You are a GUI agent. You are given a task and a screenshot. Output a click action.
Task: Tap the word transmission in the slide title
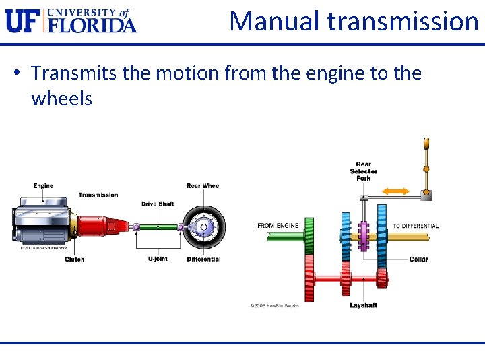click(x=403, y=21)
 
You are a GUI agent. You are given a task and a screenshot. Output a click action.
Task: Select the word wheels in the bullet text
click(x=61, y=98)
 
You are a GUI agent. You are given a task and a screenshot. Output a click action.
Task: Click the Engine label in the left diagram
click(x=43, y=185)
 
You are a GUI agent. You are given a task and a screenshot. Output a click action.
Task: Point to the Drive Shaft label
click(x=158, y=204)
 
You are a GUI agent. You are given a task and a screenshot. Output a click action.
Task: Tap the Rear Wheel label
click(x=203, y=186)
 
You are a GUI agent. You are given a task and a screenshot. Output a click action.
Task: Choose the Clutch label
click(x=75, y=260)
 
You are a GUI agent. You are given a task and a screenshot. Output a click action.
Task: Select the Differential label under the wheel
click(x=203, y=260)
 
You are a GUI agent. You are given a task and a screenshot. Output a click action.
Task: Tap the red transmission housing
click(x=101, y=226)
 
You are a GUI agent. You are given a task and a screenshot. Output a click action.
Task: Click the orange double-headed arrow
click(x=395, y=191)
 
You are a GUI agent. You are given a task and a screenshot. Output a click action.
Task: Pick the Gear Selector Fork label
click(x=364, y=171)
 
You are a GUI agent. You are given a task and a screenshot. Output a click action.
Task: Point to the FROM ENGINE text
click(x=278, y=226)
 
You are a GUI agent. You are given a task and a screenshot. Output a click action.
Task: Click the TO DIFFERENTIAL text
click(x=416, y=226)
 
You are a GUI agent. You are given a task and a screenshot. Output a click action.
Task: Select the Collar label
click(x=418, y=260)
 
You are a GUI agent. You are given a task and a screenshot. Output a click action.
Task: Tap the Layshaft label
click(x=363, y=305)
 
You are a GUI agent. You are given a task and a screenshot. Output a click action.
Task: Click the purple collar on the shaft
click(x=364, y=236)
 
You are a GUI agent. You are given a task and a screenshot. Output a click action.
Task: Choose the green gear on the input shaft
click(x=310, y=236)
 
